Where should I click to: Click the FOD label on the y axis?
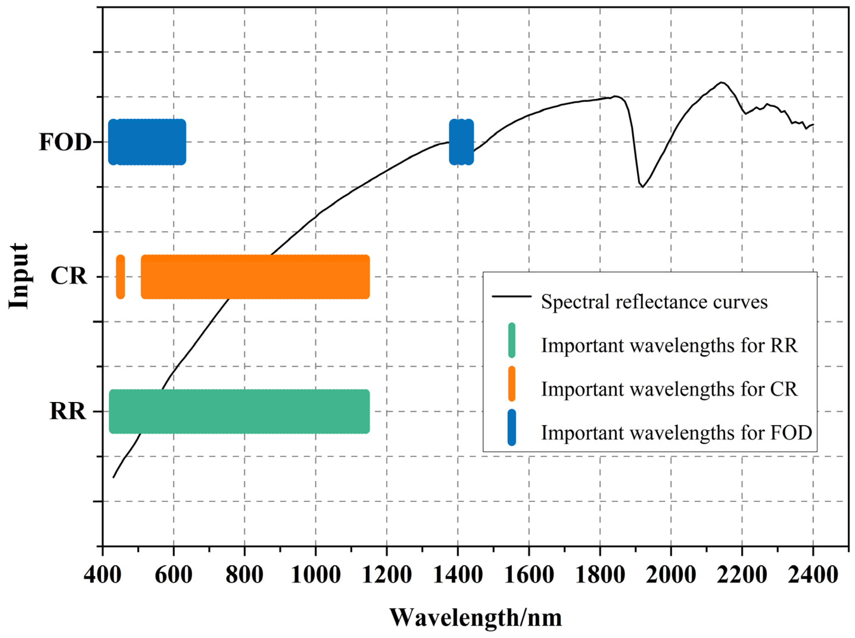[x=65, y=143]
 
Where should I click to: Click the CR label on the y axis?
[x=69, y=276]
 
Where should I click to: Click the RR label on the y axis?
[x=68, y=411]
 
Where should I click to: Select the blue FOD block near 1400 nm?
[x=461, y=142]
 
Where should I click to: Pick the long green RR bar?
[x=239, y=411]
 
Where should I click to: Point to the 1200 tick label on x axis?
[x=387, y=575]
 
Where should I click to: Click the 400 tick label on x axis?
[x=102, y=575]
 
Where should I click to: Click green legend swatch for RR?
[x=511, y=340]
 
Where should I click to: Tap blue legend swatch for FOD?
[x=511, y=428]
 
